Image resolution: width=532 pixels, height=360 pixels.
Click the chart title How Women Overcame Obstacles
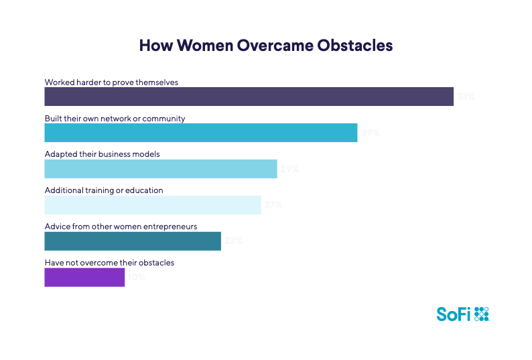265,46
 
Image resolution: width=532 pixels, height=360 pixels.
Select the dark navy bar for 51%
249,97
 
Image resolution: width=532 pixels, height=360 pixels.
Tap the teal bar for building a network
200,133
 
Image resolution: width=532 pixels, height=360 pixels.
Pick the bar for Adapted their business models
160,169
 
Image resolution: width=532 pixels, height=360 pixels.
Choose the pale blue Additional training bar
152,204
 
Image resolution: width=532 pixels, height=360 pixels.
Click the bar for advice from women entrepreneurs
132,241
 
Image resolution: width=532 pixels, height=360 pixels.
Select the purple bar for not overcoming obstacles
84,277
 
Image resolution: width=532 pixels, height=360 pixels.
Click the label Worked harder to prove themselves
111,82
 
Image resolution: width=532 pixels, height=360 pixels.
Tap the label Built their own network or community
115,118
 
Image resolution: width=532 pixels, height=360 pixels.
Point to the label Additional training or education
104,190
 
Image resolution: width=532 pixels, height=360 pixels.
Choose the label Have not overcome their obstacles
109,263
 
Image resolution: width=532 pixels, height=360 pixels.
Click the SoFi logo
463,314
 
